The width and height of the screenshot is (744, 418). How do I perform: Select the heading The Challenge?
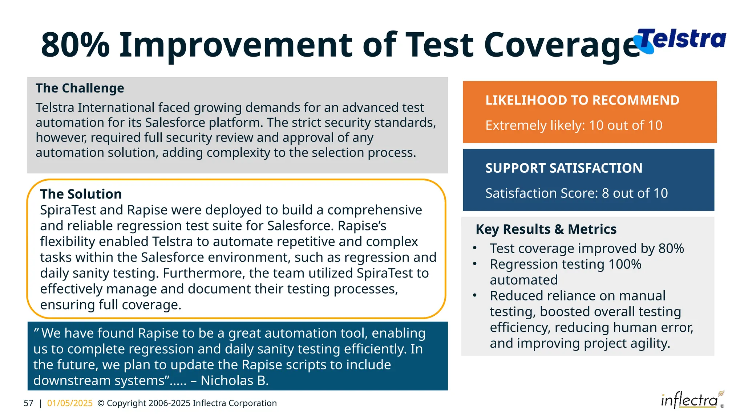(80, 88)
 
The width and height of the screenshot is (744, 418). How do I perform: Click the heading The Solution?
(81, 194)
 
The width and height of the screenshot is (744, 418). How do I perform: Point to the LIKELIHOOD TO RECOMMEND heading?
(582, 100)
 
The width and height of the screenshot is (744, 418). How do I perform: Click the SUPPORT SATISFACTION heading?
(563, 168)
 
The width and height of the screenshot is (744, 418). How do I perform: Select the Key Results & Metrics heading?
(546, 229)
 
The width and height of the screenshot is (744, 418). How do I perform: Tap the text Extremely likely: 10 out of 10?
(574, 126)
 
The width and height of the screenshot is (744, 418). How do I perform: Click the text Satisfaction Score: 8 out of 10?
(576, 193)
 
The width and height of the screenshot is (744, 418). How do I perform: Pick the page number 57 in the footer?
(28, 403)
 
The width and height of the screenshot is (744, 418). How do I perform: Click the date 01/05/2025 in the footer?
(70, 403)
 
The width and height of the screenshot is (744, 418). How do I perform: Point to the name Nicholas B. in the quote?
(234, 381)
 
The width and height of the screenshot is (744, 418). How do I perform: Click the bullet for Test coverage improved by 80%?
(474, 249)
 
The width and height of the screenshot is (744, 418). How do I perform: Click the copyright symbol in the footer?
(101, 403)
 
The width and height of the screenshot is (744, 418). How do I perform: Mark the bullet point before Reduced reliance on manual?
(474, 296)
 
